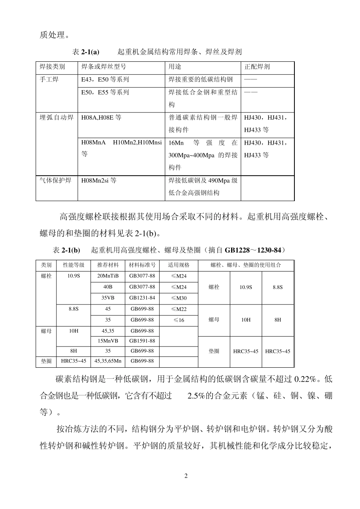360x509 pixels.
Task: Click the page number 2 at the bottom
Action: [186, 476]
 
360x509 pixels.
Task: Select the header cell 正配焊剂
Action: [257, 67]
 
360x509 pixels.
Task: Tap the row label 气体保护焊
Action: [56, 180]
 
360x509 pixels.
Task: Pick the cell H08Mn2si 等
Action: [99, 180]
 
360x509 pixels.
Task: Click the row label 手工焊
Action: [49, 80]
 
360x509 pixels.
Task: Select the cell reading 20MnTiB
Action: [108, 276]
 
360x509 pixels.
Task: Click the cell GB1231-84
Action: [142, 298]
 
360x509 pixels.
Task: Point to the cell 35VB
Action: [108, 298]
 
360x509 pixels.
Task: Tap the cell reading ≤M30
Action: [179, 298]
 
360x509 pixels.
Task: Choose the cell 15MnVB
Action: [108, 340]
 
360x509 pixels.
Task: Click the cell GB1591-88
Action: [142, 340]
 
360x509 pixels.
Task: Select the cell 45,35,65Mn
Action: [108, 361]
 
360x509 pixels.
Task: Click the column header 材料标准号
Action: [142, 265]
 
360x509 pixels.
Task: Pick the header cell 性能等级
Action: [74, 265]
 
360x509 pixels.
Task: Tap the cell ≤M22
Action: [179, 309]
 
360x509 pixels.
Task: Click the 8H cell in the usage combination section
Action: [278, 320]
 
